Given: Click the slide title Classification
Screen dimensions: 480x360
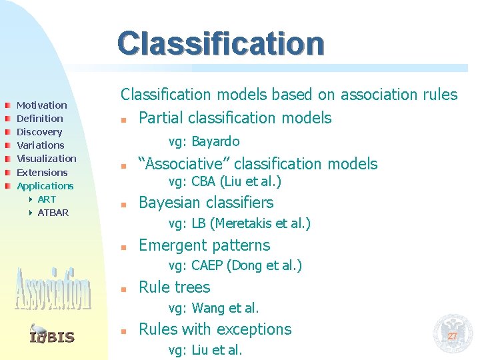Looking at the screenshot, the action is pyautogui.click(x=221, y=43).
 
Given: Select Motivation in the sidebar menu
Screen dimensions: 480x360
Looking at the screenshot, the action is pyautogui.click(x=41, y=105).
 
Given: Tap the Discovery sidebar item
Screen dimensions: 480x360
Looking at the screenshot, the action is pyautogui.click(x=39, y=132).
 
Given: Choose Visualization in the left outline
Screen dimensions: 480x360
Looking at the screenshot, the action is pyautogui.click(x=46, y=159).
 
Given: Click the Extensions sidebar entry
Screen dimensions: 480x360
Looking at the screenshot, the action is pyautogui.click(x=42, y=173).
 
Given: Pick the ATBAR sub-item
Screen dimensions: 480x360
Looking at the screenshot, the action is pyautogui.click(x=53, y=213).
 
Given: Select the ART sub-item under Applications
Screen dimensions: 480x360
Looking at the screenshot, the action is pyautogui.click(x=47, y=199).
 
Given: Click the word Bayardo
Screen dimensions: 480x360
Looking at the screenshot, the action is pyautogui.click(x=216, y=141).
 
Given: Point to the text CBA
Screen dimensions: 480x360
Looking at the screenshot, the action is pyautogui.click(x=203, y=182).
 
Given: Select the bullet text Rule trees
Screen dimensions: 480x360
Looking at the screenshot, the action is pyautogui.click(x=174, y=287).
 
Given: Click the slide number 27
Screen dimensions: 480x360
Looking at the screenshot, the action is pyautogui.click(x=452, y=336).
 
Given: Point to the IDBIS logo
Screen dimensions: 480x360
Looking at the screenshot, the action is pyautogui.click(x=52, y=335).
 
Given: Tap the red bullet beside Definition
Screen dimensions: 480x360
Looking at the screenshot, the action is pyautogui.click(x=7, y=119).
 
